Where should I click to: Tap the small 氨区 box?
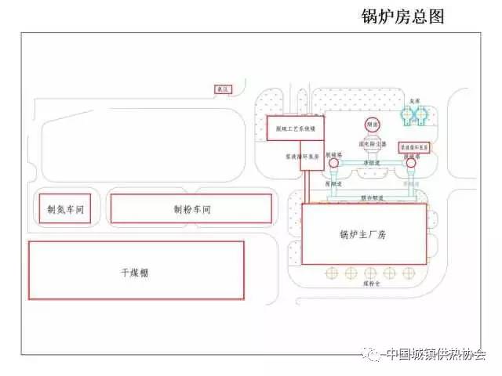(224, 91)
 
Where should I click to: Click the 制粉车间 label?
(192, 209)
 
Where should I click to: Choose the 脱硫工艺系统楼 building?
(294, 128)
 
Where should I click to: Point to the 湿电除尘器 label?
(372, 144)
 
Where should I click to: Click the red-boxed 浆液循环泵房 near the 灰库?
(414, 146)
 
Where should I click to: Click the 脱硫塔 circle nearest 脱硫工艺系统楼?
(333, 163)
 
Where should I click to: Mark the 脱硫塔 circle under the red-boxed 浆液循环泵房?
(409, 163)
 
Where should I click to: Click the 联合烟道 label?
(372, 198)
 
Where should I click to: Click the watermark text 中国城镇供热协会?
(435, 355)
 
